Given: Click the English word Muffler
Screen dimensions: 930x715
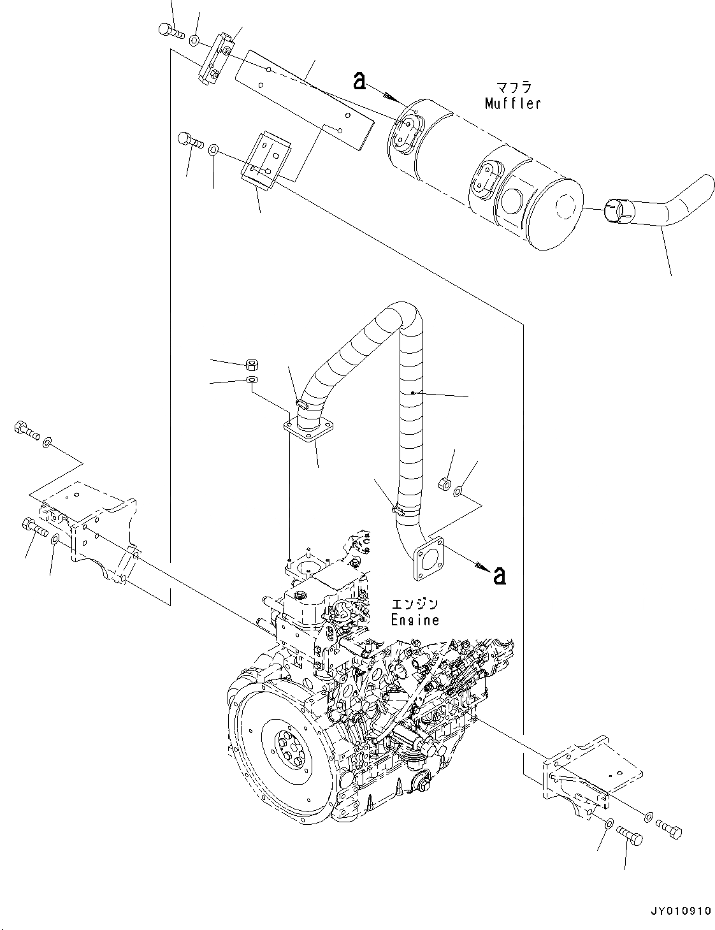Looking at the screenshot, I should tap(512, 103).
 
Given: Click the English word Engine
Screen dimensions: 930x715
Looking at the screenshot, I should tap(415, 620).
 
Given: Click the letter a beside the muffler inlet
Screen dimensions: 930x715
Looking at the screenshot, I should tap(360, 80).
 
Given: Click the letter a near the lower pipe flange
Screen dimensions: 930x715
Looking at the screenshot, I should tap(500, 576).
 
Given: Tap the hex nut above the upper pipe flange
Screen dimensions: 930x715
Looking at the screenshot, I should tap(251, 365).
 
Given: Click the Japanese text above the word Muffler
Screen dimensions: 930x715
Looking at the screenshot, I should tap(514, 87).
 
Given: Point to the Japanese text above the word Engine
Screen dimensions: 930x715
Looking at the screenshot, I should tap(415, 604).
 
